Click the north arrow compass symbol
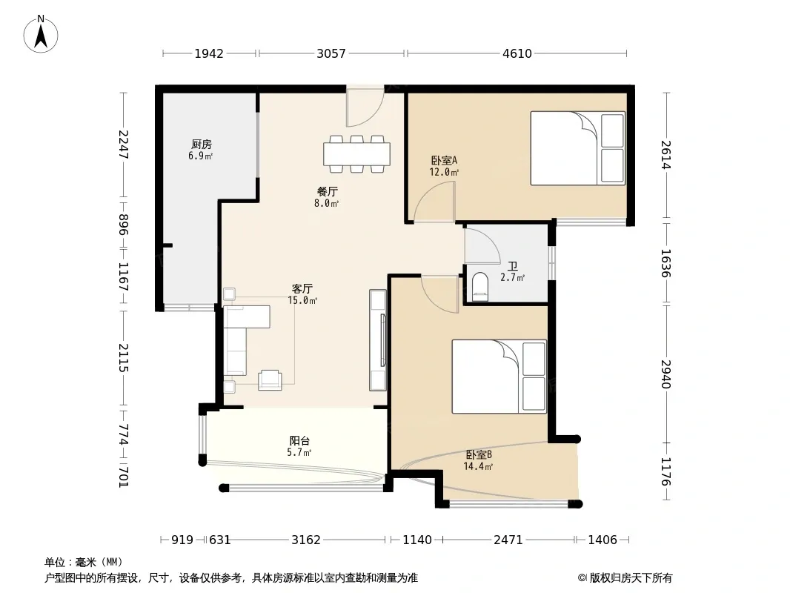[41, 34]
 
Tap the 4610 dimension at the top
[517, 53]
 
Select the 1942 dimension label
[209, 53]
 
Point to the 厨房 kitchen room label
[201, 145]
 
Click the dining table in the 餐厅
[356, 154]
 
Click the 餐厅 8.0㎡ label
[327, 197]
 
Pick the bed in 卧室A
[578, 148]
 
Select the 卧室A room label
[444, 161]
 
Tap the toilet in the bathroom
[481, 287]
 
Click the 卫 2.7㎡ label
[512, 271]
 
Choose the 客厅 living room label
[302, 288]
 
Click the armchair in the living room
[270, 380]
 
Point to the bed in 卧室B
[499, 377]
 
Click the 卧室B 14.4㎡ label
[478, 460]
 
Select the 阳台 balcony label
[299, 440]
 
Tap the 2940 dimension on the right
[666, 374]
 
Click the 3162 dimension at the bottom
[306, 540]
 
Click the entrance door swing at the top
[365, 107]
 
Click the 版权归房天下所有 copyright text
[631, 578]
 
